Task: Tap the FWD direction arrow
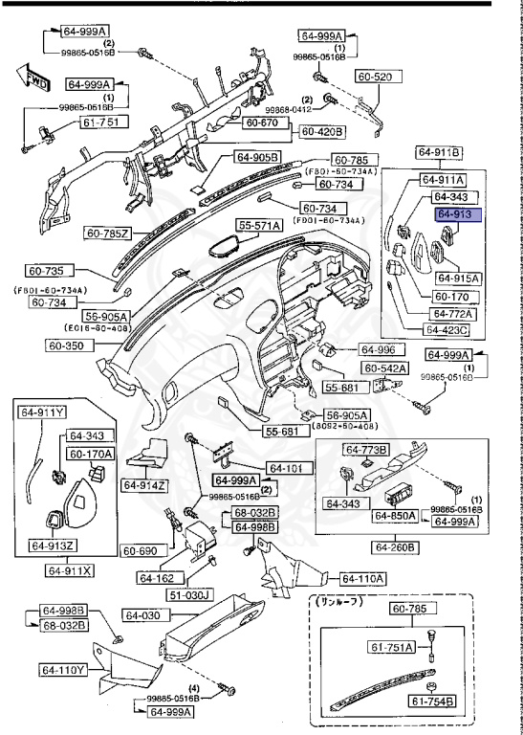point(34,78)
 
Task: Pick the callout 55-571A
point(261,225)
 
